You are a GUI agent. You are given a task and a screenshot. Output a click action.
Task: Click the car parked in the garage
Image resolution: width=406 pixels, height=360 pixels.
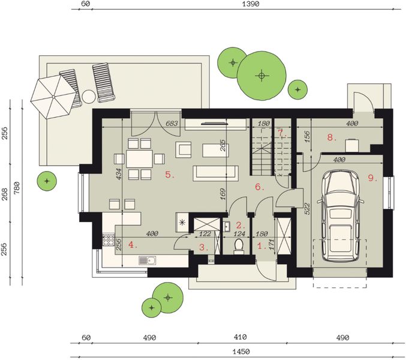point(340,216)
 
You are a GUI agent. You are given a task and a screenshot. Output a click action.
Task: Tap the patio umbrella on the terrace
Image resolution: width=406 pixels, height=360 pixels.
point(54,97)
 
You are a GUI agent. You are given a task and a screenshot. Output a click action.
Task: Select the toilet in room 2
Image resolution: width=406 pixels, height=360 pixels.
point(238,245)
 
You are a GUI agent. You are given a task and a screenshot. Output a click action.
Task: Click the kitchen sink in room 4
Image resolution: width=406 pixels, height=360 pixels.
point(148,260)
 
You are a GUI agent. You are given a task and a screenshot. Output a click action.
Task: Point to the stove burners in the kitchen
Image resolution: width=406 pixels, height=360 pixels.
point(108,240)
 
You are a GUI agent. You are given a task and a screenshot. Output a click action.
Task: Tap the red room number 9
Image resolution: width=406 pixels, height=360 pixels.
point(372,178)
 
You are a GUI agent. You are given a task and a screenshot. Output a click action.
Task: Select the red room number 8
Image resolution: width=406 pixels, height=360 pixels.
point(332,137)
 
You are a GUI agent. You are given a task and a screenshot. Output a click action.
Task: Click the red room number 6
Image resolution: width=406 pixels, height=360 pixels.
point(260,187)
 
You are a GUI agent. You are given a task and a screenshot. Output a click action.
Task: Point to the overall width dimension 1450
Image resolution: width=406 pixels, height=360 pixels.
point(241,352)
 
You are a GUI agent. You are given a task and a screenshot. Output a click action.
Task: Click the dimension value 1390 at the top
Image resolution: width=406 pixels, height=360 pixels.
point(251,4)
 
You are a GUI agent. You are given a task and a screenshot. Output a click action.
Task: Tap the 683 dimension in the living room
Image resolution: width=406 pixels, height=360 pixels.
point(172,123)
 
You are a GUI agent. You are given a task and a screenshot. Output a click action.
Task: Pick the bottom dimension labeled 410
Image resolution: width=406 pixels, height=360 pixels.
point(240,337)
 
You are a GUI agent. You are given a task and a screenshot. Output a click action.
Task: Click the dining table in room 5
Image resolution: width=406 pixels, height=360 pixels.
point(139,158)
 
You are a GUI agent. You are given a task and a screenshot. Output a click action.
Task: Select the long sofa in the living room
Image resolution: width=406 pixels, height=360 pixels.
point(215,173)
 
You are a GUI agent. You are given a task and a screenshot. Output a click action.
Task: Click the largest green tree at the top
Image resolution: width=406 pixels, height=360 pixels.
point(261,76)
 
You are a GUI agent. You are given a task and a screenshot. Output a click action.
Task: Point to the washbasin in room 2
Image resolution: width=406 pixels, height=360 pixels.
point(227,227)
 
